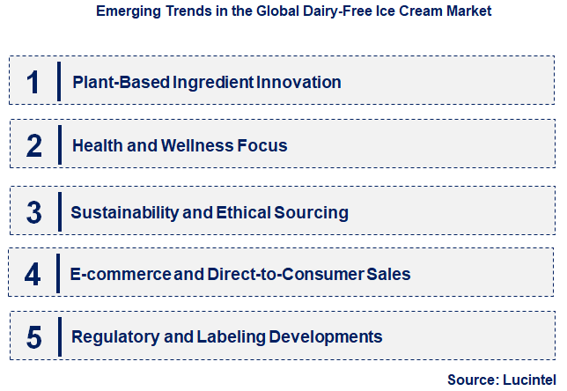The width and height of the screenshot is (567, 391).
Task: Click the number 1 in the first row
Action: pos(33,82)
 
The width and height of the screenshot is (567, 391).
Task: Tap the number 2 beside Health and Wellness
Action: pos(33,145)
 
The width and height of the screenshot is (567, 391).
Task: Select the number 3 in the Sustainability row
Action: pos(33,212)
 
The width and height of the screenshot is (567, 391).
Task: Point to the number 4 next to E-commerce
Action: pos(33,275)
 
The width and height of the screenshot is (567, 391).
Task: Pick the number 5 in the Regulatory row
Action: pos(33,336)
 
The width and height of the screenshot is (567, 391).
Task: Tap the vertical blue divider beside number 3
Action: pos(59,211)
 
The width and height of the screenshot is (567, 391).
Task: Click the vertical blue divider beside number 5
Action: pos(59,336)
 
